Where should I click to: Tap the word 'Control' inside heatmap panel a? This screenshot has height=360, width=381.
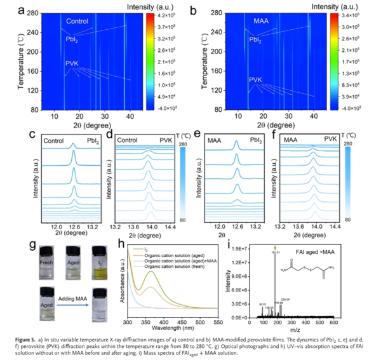(x=77, y=22)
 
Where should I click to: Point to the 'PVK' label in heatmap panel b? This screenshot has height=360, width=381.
(x=255, y=80)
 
